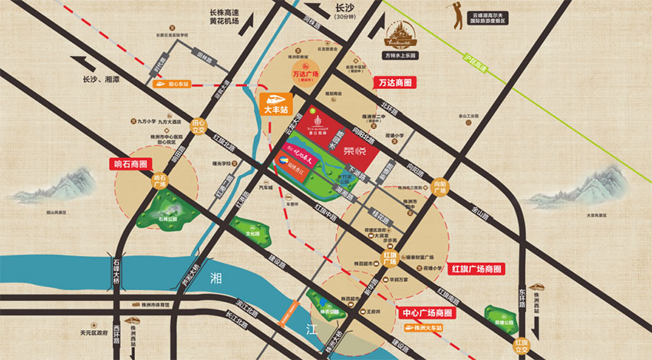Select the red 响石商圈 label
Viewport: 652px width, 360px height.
pos(127,163)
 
